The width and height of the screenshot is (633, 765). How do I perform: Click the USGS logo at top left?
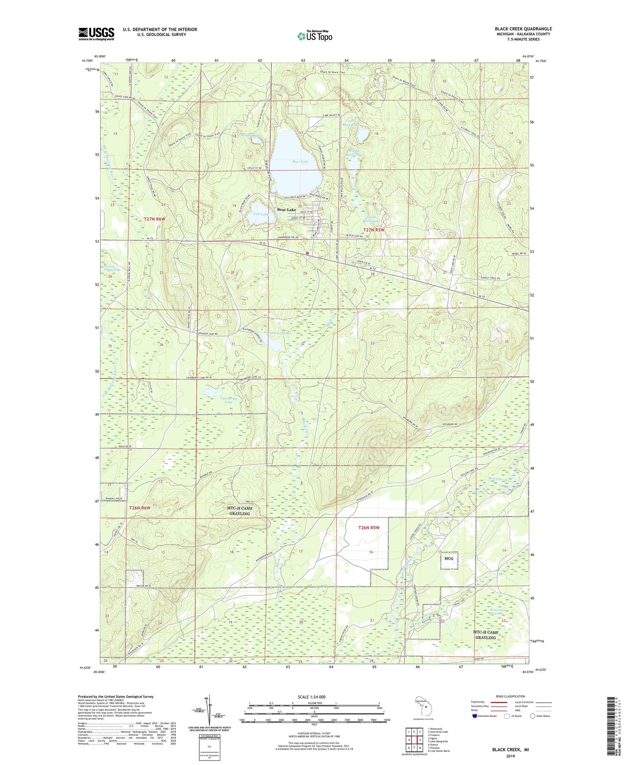pos(96,34)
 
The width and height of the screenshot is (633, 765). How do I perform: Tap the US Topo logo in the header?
pos(314,35)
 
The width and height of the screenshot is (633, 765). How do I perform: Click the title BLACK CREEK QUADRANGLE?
pos(523,29)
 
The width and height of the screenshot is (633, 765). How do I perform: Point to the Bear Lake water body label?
pos(301,162)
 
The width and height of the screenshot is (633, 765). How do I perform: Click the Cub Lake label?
pos(261,214)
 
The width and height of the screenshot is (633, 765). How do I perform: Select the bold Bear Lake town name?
pos(286,210)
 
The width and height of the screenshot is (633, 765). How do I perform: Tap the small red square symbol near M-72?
pos(308,253)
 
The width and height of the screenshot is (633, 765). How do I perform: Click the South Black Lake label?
pos(373,219)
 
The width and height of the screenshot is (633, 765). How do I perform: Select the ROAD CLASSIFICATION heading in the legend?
pos(511,696)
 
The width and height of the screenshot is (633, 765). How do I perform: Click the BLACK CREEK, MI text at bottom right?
pos(510,750)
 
